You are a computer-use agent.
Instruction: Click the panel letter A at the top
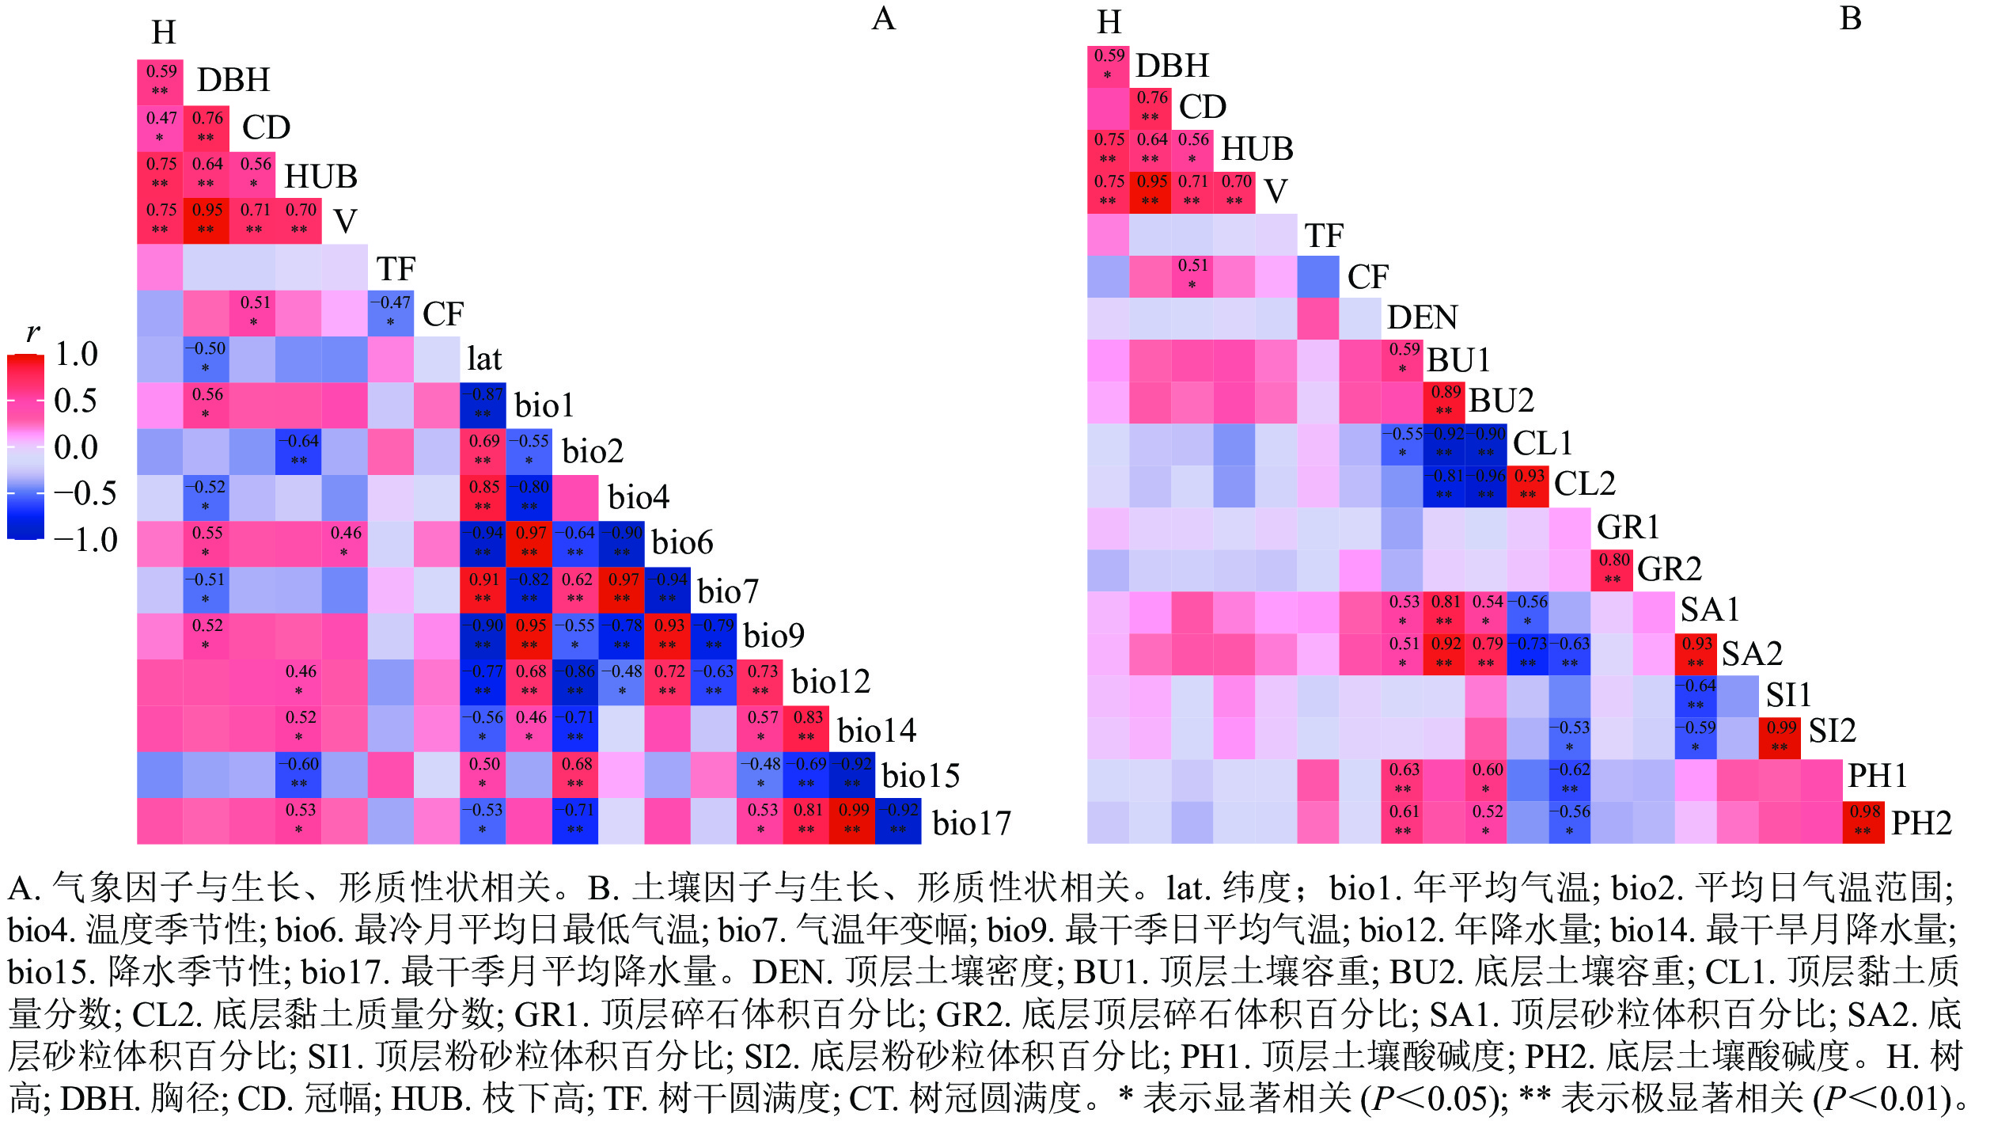(883, 19)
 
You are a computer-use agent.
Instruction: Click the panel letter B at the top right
(1851, 19)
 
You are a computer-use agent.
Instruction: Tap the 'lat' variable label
(484, 359)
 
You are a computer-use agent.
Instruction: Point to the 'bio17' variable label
(972, 823)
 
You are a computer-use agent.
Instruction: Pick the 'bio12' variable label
(831, 682)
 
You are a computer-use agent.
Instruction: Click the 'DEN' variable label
(1422, 317)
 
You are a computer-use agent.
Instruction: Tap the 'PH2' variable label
(1921, 823)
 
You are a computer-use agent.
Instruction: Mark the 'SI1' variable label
(1788, 695)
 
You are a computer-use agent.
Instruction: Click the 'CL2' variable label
(1585, 484)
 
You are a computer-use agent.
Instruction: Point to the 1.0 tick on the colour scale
(77, 354)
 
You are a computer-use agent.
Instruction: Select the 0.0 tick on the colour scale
(77, 447)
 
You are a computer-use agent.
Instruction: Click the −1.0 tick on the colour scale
(86, 541)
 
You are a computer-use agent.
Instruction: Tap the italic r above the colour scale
(32, 332)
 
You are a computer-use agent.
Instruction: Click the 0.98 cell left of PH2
(1863, 822)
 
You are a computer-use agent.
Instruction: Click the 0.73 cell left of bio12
(760, 681)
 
